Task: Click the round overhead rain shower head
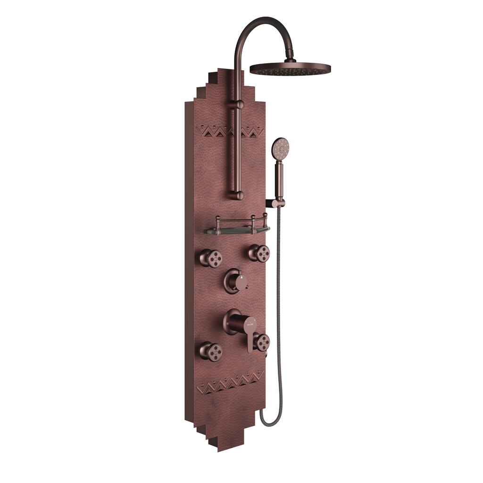(x=290, y=69)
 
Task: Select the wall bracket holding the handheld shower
(x=276, y=203)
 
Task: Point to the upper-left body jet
(x=210, y=258)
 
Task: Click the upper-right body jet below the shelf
(x=259, y=253)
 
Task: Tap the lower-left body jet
(x=210, y=351)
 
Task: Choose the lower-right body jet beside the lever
(x=261, y=341)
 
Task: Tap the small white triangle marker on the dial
(x=242, y=279)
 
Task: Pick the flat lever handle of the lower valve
(x=249, y=340)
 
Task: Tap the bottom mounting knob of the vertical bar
(x=239, y=194)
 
